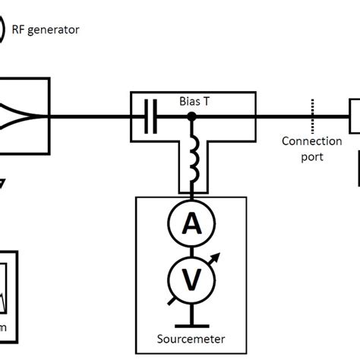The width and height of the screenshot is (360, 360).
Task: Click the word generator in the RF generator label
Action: click(x=55, y=30)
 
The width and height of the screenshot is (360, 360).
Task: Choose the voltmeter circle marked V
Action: click(x=190, y=279)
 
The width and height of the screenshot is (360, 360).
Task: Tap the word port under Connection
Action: click(x=312, y=156)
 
